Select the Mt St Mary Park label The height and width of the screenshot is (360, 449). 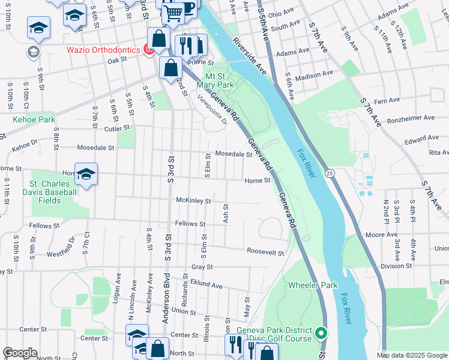click(x=218, y=80)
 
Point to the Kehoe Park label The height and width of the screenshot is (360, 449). click(x=34, y=120)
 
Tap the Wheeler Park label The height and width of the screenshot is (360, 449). click(x=313, y=285)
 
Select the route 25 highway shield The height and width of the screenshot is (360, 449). click(x=330, y=173)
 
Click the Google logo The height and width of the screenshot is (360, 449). click(x=20, y=353)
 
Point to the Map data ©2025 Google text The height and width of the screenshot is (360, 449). click(x=412, y=355)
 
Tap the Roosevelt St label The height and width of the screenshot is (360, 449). click(x=264, y=253)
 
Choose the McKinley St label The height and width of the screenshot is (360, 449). click(x=193, y=201)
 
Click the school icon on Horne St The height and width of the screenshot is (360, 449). click(x=86, y=174)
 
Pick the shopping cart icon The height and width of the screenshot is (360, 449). click(x=173, y=13)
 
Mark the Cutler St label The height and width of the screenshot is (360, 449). click(x=116, y=128)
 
